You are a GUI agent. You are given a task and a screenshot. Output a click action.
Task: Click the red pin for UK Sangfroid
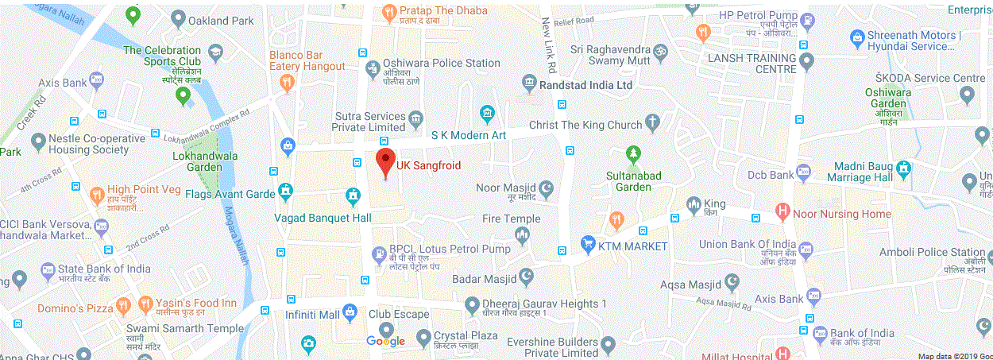[385, 161]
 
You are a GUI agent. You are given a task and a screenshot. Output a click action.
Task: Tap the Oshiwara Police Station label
[442, 63]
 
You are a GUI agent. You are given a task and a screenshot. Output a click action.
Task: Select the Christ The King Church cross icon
[652, 123]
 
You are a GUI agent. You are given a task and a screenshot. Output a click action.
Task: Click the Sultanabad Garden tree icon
[633, 152]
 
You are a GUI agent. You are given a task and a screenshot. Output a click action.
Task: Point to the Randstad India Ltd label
[585, 83]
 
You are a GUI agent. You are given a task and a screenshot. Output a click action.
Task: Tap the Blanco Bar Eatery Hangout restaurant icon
[288, 81]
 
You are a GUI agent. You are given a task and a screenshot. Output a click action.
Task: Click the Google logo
[386, 342]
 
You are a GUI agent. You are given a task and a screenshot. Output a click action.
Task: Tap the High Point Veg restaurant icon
[97, 193]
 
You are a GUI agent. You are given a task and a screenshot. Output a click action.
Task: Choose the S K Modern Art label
[469, 135]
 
